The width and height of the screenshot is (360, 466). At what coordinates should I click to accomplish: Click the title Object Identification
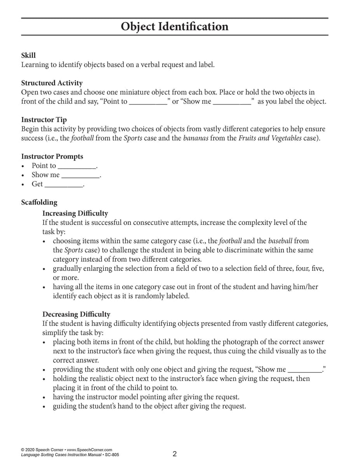pos(174,26)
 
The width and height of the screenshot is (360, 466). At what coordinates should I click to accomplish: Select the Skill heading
pos(28,56)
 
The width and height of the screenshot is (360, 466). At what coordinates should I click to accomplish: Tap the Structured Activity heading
pos(52,83)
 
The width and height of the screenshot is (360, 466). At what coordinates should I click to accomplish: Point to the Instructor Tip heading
pos(44,120)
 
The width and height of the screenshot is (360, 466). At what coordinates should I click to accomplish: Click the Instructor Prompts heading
pos(52,156)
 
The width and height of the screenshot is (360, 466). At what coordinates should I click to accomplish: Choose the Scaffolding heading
pos(39,202)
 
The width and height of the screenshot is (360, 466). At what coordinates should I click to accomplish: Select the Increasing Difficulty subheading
pos(75,213)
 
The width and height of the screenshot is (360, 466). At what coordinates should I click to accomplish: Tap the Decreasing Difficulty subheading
pos(76,314)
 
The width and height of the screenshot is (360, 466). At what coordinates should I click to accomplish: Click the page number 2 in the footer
pos(175,454)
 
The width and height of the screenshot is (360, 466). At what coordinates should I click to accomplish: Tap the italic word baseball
pos(280,241)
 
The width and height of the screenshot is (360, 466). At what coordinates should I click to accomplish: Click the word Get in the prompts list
pos(37,184)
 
